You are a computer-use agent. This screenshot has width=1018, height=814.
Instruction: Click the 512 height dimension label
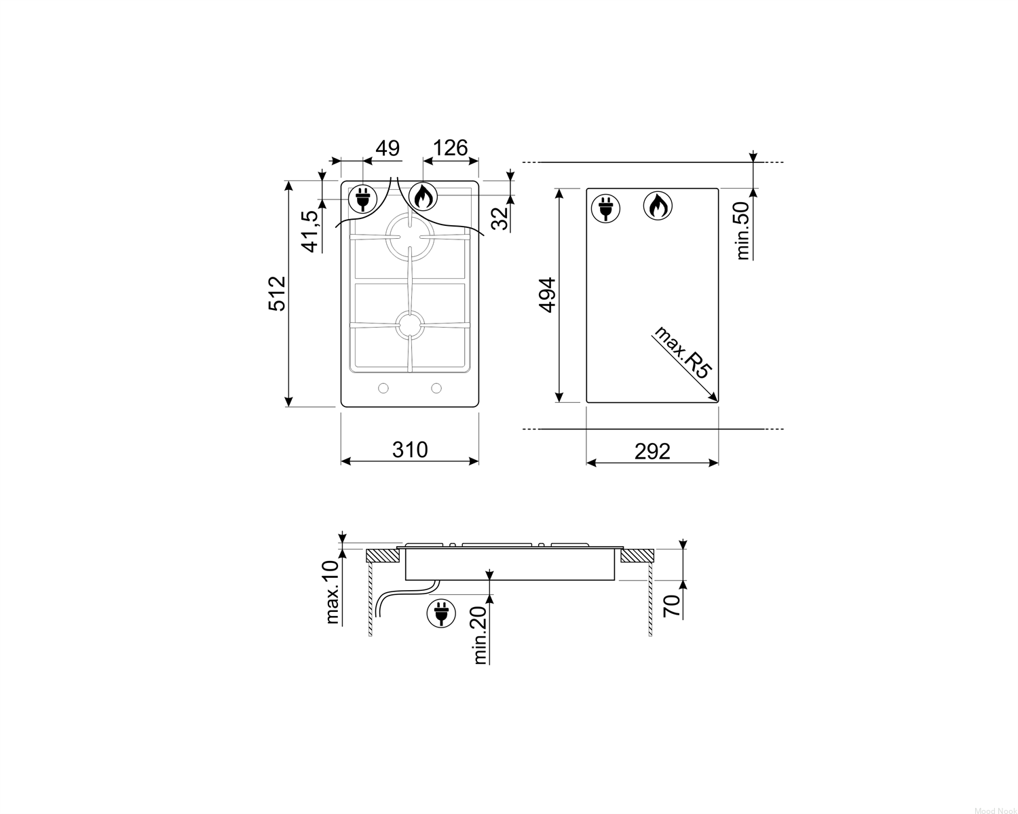point(278,294)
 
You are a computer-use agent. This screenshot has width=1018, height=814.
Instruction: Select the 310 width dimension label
point(410,449)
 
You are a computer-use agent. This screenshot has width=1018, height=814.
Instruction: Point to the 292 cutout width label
point(652,452)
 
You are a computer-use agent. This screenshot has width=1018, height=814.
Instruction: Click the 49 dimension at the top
point(388,148)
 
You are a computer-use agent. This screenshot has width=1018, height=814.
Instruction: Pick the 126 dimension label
point(451,148)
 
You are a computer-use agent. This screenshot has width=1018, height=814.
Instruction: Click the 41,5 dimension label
point(311,231)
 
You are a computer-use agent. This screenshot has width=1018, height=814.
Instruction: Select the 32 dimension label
point(499,218)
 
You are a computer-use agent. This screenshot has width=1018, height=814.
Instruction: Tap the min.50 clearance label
point(743,231)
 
